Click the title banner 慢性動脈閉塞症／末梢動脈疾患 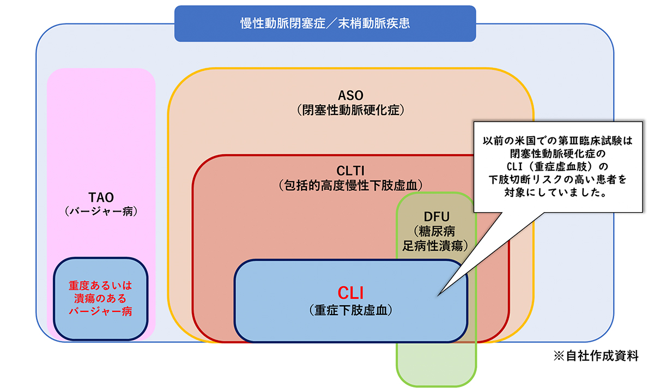click(x=325, y=23)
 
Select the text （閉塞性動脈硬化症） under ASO click(x=350, y=110)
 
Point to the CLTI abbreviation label click(x=350, y=171)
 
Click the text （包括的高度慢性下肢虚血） click(x=350, y=184)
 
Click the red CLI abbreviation click(x=350, y=293)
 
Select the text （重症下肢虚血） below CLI click(x=350, y=310)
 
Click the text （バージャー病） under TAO click(x=101, y=210)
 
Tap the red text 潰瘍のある click(x=101, y=298)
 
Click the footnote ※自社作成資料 click(x=596, y=356)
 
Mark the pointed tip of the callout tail click(x=439, y=296)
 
